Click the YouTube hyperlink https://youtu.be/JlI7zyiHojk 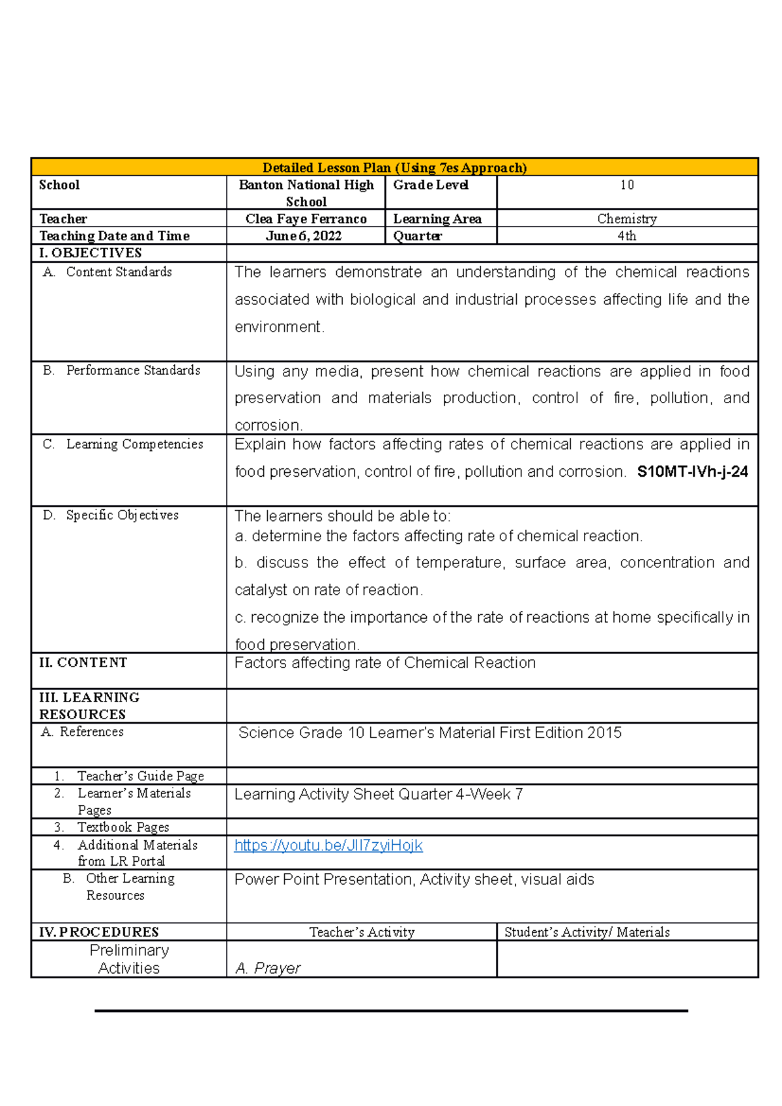[328, 845]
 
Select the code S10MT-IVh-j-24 [692, 472]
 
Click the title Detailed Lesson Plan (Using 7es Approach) [394, 167]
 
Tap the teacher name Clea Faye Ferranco [306, 219]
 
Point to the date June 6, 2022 [304, 236]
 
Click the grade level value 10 [626, 185]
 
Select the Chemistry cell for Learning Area [626, 219]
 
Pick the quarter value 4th [626, 236]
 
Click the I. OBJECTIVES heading [90, 253]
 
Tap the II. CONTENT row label [83, 662]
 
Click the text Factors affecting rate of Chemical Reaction [384, 663]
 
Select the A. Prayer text [267, 968]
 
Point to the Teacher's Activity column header [362, 932]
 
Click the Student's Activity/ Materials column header [586, 932]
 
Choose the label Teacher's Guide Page [140, 776]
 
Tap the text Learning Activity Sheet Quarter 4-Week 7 [378, 795]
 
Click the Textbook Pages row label [123, 827]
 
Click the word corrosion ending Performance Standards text [268, 425]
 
